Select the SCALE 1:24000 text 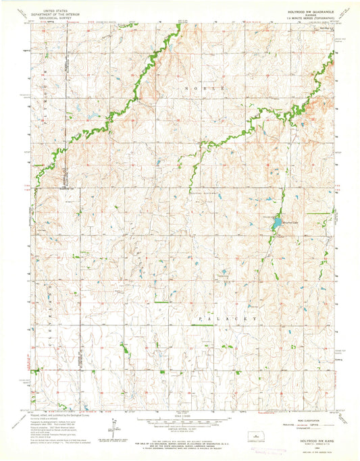coord(180,414)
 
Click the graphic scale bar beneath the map coord(180,421)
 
